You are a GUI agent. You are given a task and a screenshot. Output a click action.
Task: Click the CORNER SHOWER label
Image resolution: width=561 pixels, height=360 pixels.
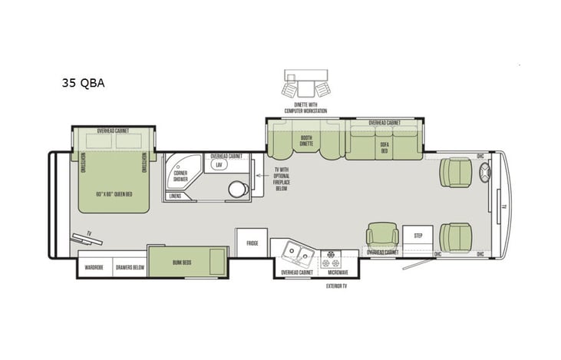coord(181,177)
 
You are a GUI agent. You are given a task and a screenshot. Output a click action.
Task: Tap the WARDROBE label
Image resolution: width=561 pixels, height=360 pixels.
coord(94,268)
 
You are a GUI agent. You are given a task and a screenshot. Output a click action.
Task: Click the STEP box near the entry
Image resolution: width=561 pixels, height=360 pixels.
coord(418,236)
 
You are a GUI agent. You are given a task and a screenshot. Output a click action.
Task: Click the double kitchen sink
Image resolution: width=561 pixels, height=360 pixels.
coord(296,250)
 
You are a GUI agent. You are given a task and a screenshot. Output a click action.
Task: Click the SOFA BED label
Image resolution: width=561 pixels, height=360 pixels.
coord(383,146)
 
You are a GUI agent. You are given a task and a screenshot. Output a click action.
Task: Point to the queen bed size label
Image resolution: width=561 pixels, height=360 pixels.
coord(114,193)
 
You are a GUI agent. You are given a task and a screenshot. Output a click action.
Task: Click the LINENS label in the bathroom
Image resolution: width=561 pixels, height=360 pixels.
coord(176,197)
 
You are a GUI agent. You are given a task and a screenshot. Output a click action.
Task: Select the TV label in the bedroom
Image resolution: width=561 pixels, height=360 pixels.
coord(90,233)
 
